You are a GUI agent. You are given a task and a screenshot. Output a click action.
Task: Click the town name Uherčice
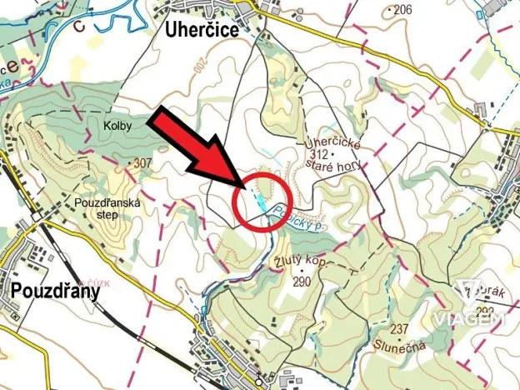tap(200, 31)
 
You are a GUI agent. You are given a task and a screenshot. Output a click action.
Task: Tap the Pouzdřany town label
tap(55, 291)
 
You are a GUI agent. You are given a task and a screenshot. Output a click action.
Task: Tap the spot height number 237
tap(400, 327)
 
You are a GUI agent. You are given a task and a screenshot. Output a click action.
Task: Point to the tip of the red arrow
tap(248, 185)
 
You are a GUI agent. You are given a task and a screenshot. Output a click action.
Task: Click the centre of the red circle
tap(258, 202)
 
